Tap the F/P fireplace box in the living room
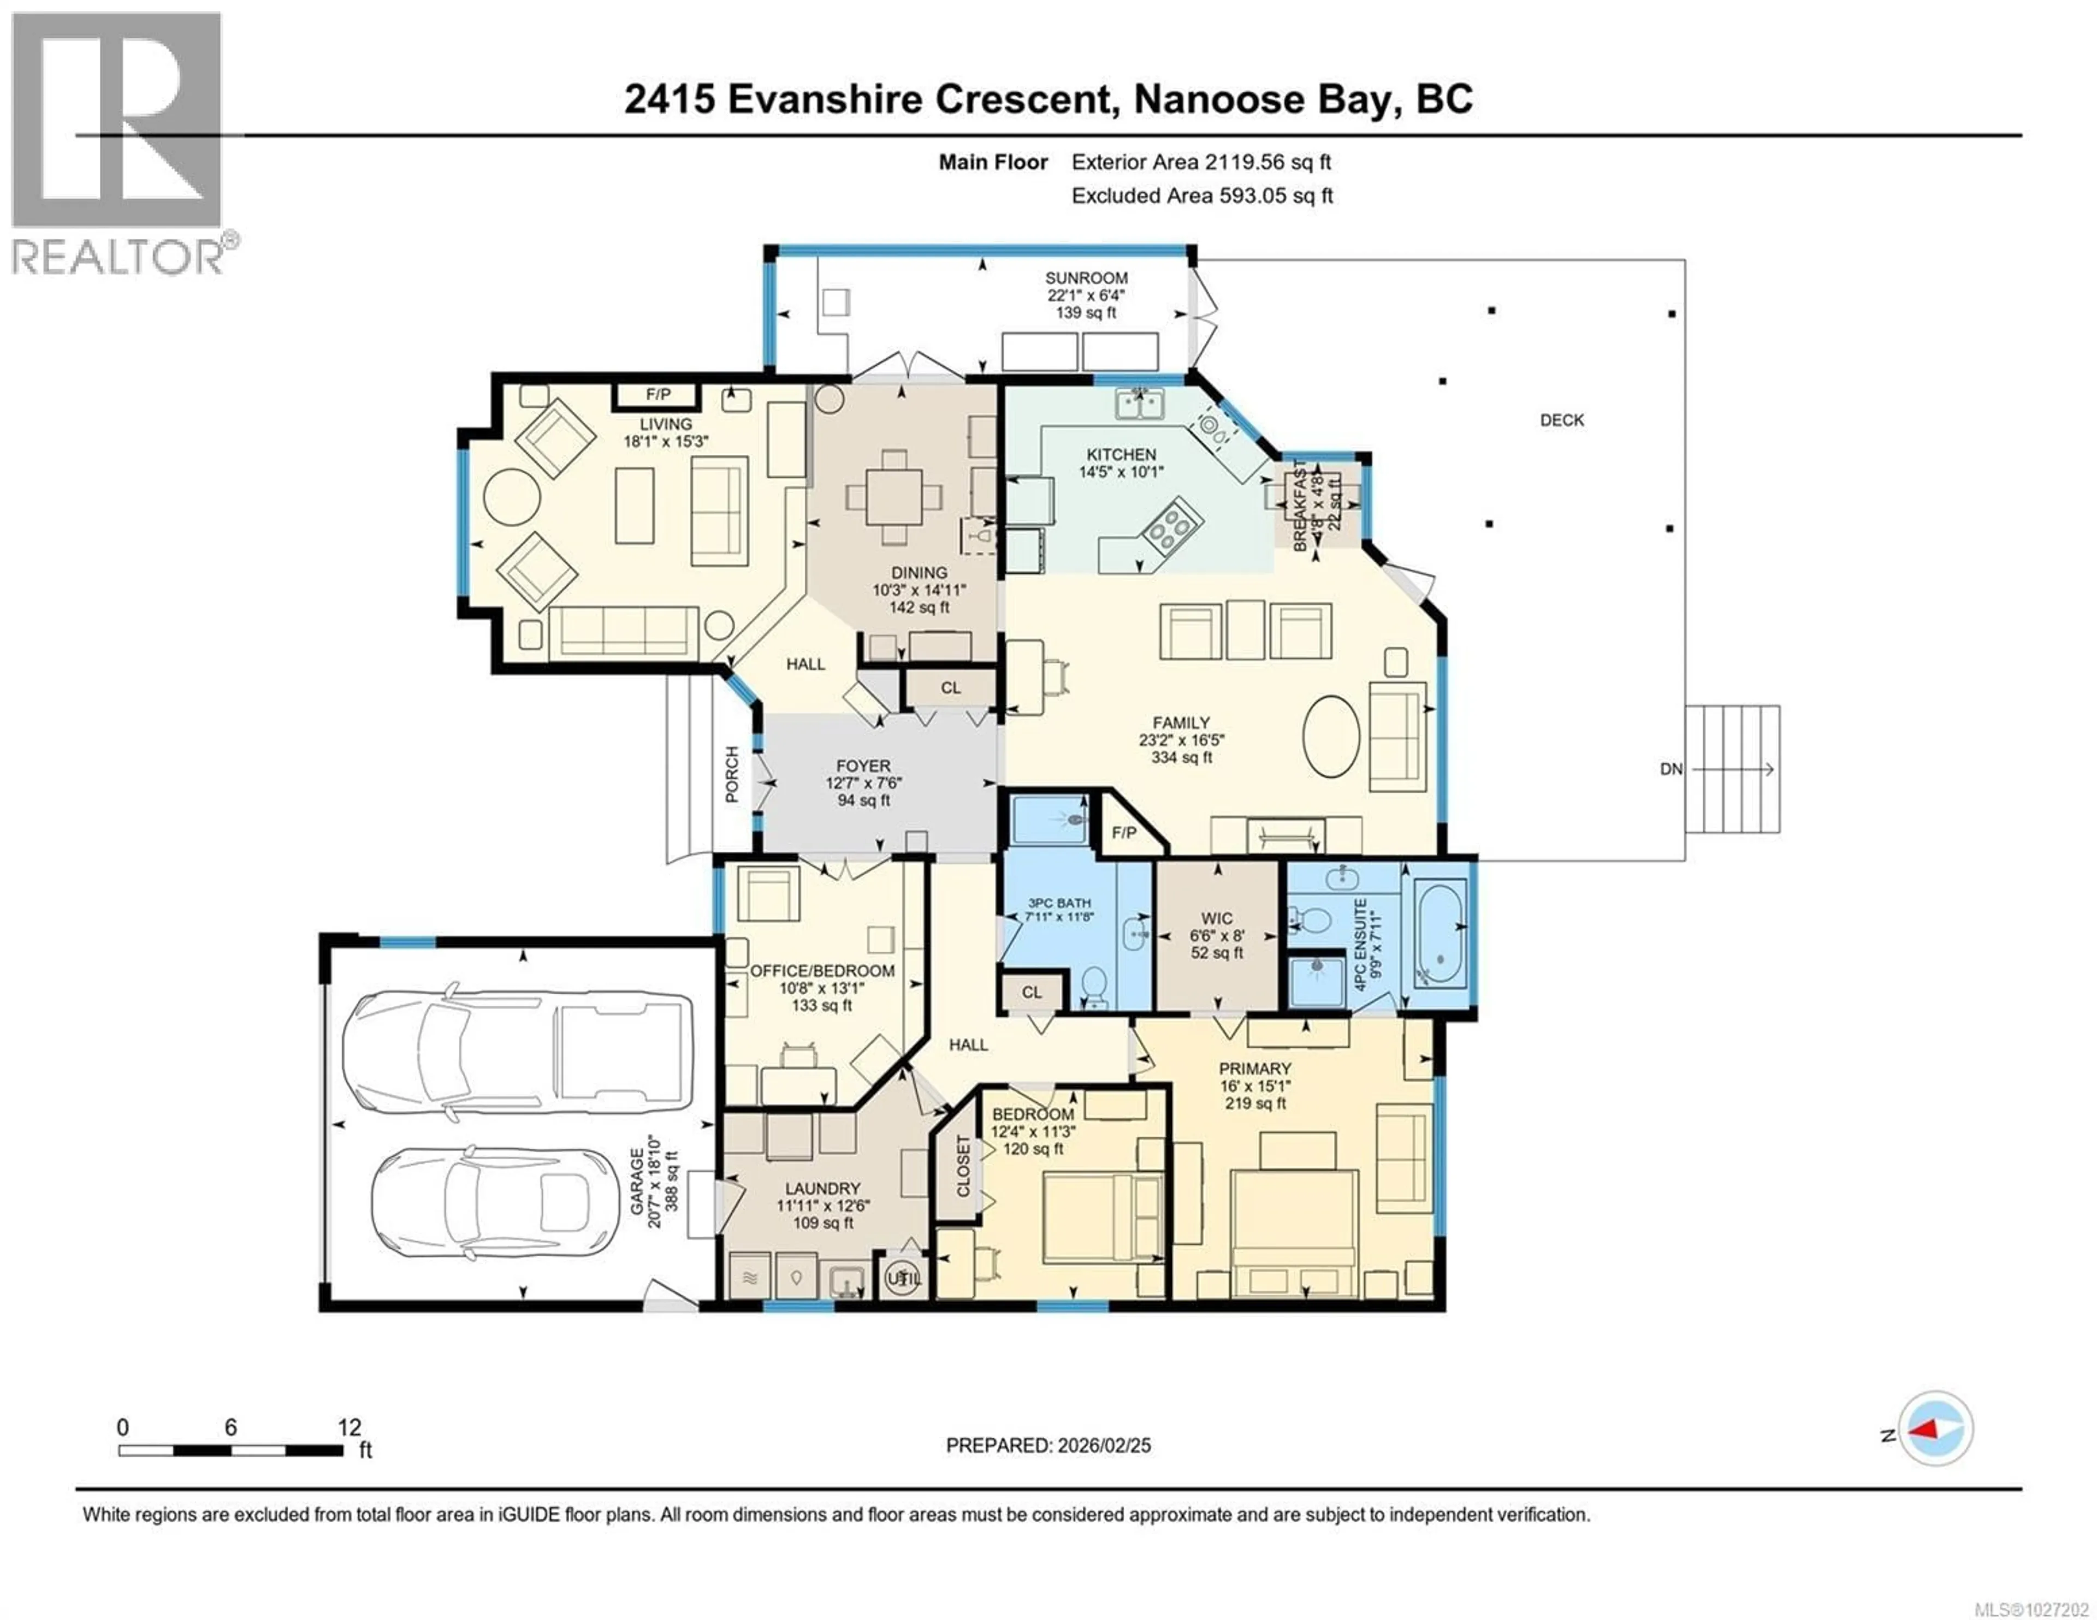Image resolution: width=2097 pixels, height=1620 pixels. click(x=657, y=395)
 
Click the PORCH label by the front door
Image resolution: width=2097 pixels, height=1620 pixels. click(x=732, y=774)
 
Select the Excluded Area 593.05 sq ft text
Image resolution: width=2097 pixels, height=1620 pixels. click(x=1201, y=196)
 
